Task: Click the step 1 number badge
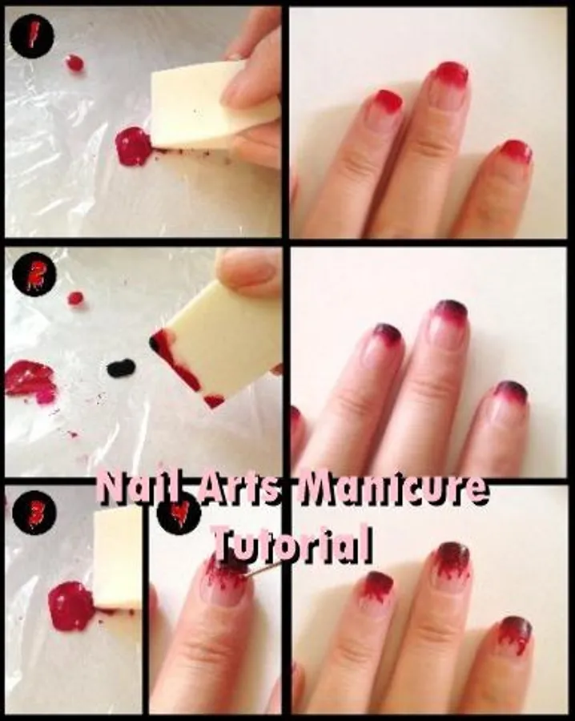(32, 36)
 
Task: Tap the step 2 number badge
(34, 275)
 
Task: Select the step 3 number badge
(35, 512)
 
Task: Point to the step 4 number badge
(179, 513)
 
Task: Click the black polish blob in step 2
(121, 368)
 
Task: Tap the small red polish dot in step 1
(74, 62)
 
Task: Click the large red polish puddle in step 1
(133, 147)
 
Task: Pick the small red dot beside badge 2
(75, 299)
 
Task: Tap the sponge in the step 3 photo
(118, 558)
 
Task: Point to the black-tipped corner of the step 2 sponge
(155, 341)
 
